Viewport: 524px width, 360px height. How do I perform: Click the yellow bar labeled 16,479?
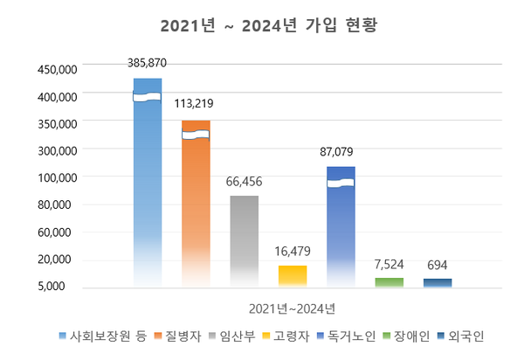tap(293, 275)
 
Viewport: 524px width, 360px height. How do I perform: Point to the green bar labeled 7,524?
tap(390, 282)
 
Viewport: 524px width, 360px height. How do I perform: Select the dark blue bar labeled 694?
tap(438, 282)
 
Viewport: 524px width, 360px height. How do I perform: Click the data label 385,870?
tap(146, 63)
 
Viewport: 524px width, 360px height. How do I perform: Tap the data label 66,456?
tap(244, 182)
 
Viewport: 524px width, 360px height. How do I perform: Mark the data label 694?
tap(438, 265)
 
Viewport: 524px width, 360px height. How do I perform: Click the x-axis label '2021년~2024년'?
tap(292, 308)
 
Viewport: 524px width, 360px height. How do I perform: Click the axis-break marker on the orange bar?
tap(196, 135)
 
